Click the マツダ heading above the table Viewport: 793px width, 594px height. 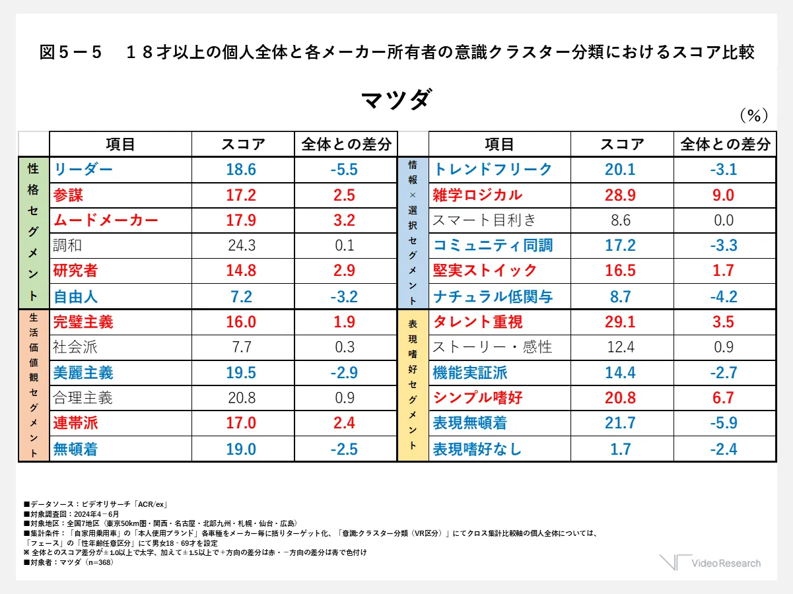pos(396,100)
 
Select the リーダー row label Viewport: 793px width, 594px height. pos(83,170)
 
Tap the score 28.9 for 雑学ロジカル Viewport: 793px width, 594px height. pos(620,195)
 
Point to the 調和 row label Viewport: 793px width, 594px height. pos(68,246)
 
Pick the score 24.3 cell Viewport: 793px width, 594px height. pos(241,246)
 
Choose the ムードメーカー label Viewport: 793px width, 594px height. pos(106,220)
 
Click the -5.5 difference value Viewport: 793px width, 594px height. pos(343,170)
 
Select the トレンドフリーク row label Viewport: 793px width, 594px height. pos(492,170)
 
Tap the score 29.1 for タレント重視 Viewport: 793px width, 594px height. pos(620,322)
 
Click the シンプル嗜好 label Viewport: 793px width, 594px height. pos(477,398)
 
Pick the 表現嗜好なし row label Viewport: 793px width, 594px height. pos(477,449)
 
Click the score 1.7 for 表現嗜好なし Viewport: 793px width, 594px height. pos(620,449)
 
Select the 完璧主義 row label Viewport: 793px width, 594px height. pos(83,322)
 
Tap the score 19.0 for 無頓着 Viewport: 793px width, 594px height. pos(241,449)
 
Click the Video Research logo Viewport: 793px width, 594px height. pos(710,563)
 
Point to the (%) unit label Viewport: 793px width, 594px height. pos(752,116)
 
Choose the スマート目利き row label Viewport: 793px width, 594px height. pos(485,220)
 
